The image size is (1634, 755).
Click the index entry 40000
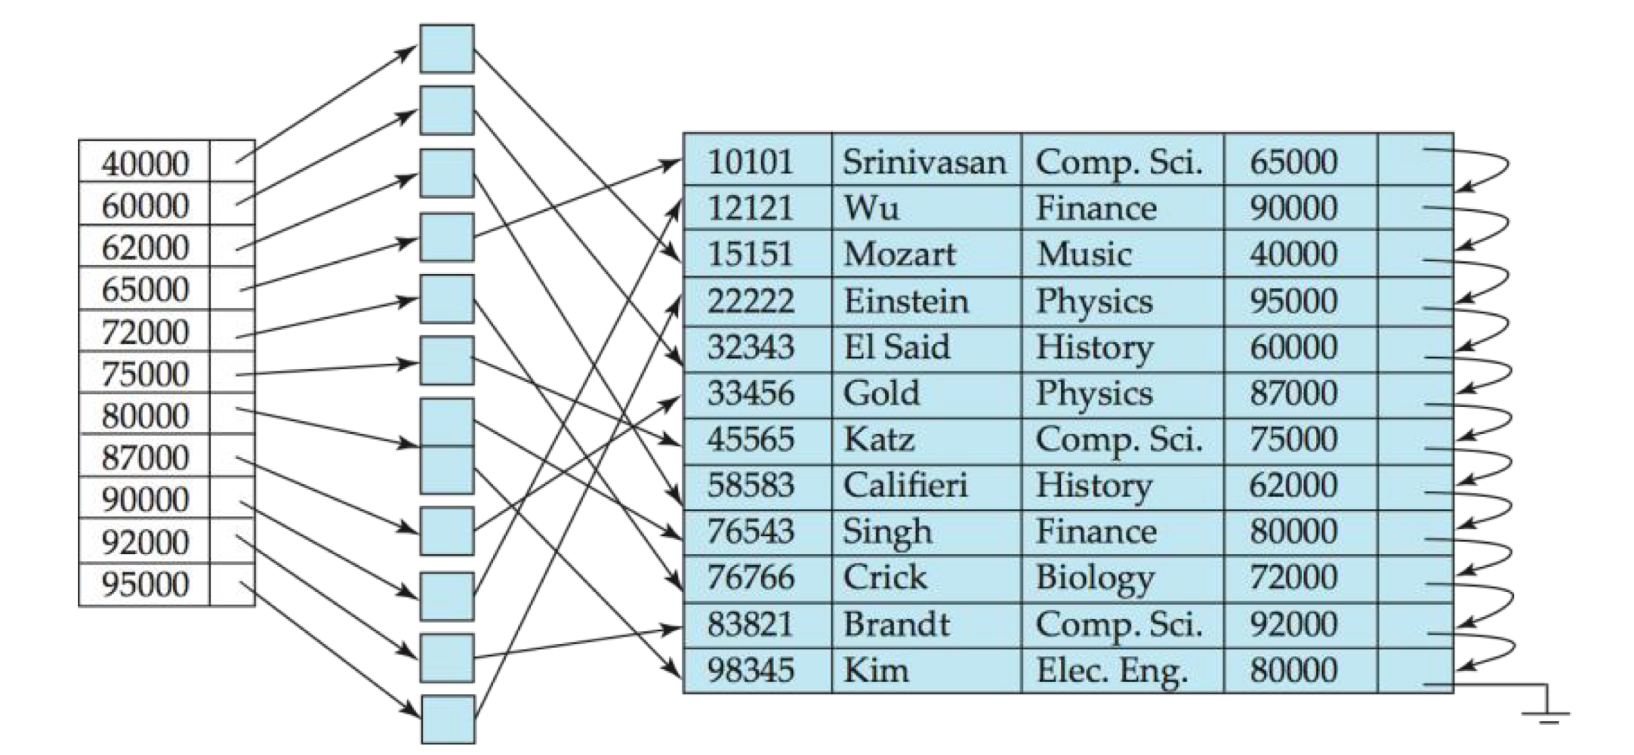145,163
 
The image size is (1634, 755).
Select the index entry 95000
145,584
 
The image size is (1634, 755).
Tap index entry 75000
145,374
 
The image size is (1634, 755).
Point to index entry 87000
145,458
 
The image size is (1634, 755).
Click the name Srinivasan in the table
924,162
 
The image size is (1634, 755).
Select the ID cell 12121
750,208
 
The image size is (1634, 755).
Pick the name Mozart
899,254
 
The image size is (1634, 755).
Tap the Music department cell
1084,254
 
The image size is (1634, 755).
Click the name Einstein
905,301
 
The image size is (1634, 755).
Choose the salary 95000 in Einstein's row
1293,301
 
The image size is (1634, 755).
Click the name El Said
896,347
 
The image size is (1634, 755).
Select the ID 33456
750,393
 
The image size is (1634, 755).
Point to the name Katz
879,439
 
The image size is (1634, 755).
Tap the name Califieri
905,485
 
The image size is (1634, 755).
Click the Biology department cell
1095,578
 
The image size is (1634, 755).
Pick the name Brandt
896,624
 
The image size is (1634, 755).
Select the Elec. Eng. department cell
1111,670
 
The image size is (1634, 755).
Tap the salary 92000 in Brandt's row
1293,624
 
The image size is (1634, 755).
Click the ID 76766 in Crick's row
750,578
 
